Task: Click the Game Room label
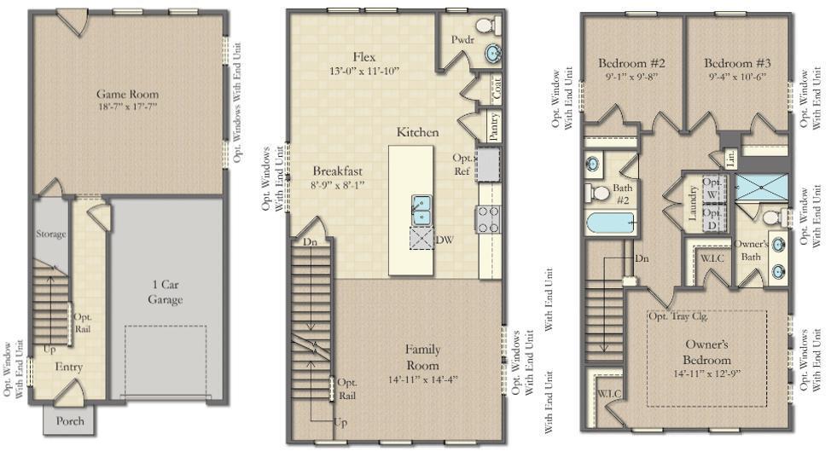pyautogui.click(x=127, y=94)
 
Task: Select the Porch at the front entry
pyautogui.click(x=70, y=421)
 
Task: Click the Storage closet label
pyautogui.click(x=50, y=234)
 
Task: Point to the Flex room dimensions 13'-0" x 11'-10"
pyautogui.click(x=364, y=71)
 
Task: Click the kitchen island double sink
pyautogui.click(x=421, y=210)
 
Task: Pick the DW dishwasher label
pyautogui.click(x=443, y=240)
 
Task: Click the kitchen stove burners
pyautogui.click(x=489, y=219)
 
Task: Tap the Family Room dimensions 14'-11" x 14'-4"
pyautogui.click(x=422, y=379)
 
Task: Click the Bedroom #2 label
pyautogui.click(x=631, y=63)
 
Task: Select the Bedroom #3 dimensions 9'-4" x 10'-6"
pyautogui.click(x=738, y=77)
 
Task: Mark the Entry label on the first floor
pyautogui.click(x=68, y=366)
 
